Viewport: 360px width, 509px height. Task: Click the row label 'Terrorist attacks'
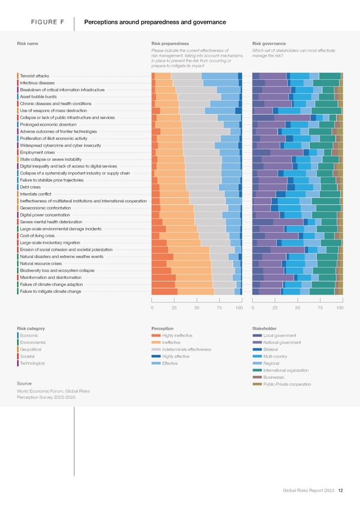(34, 76)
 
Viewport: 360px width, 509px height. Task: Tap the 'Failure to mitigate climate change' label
(50, 291)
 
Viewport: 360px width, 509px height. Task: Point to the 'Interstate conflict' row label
(35, 194)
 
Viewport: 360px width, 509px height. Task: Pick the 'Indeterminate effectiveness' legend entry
(185, 349)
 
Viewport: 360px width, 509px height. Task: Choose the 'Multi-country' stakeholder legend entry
(275, 357)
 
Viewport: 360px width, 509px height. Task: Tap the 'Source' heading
(25, 384)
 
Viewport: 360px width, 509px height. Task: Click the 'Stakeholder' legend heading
(265, 328)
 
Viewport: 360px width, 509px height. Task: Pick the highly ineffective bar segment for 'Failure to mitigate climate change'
(164, 291)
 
